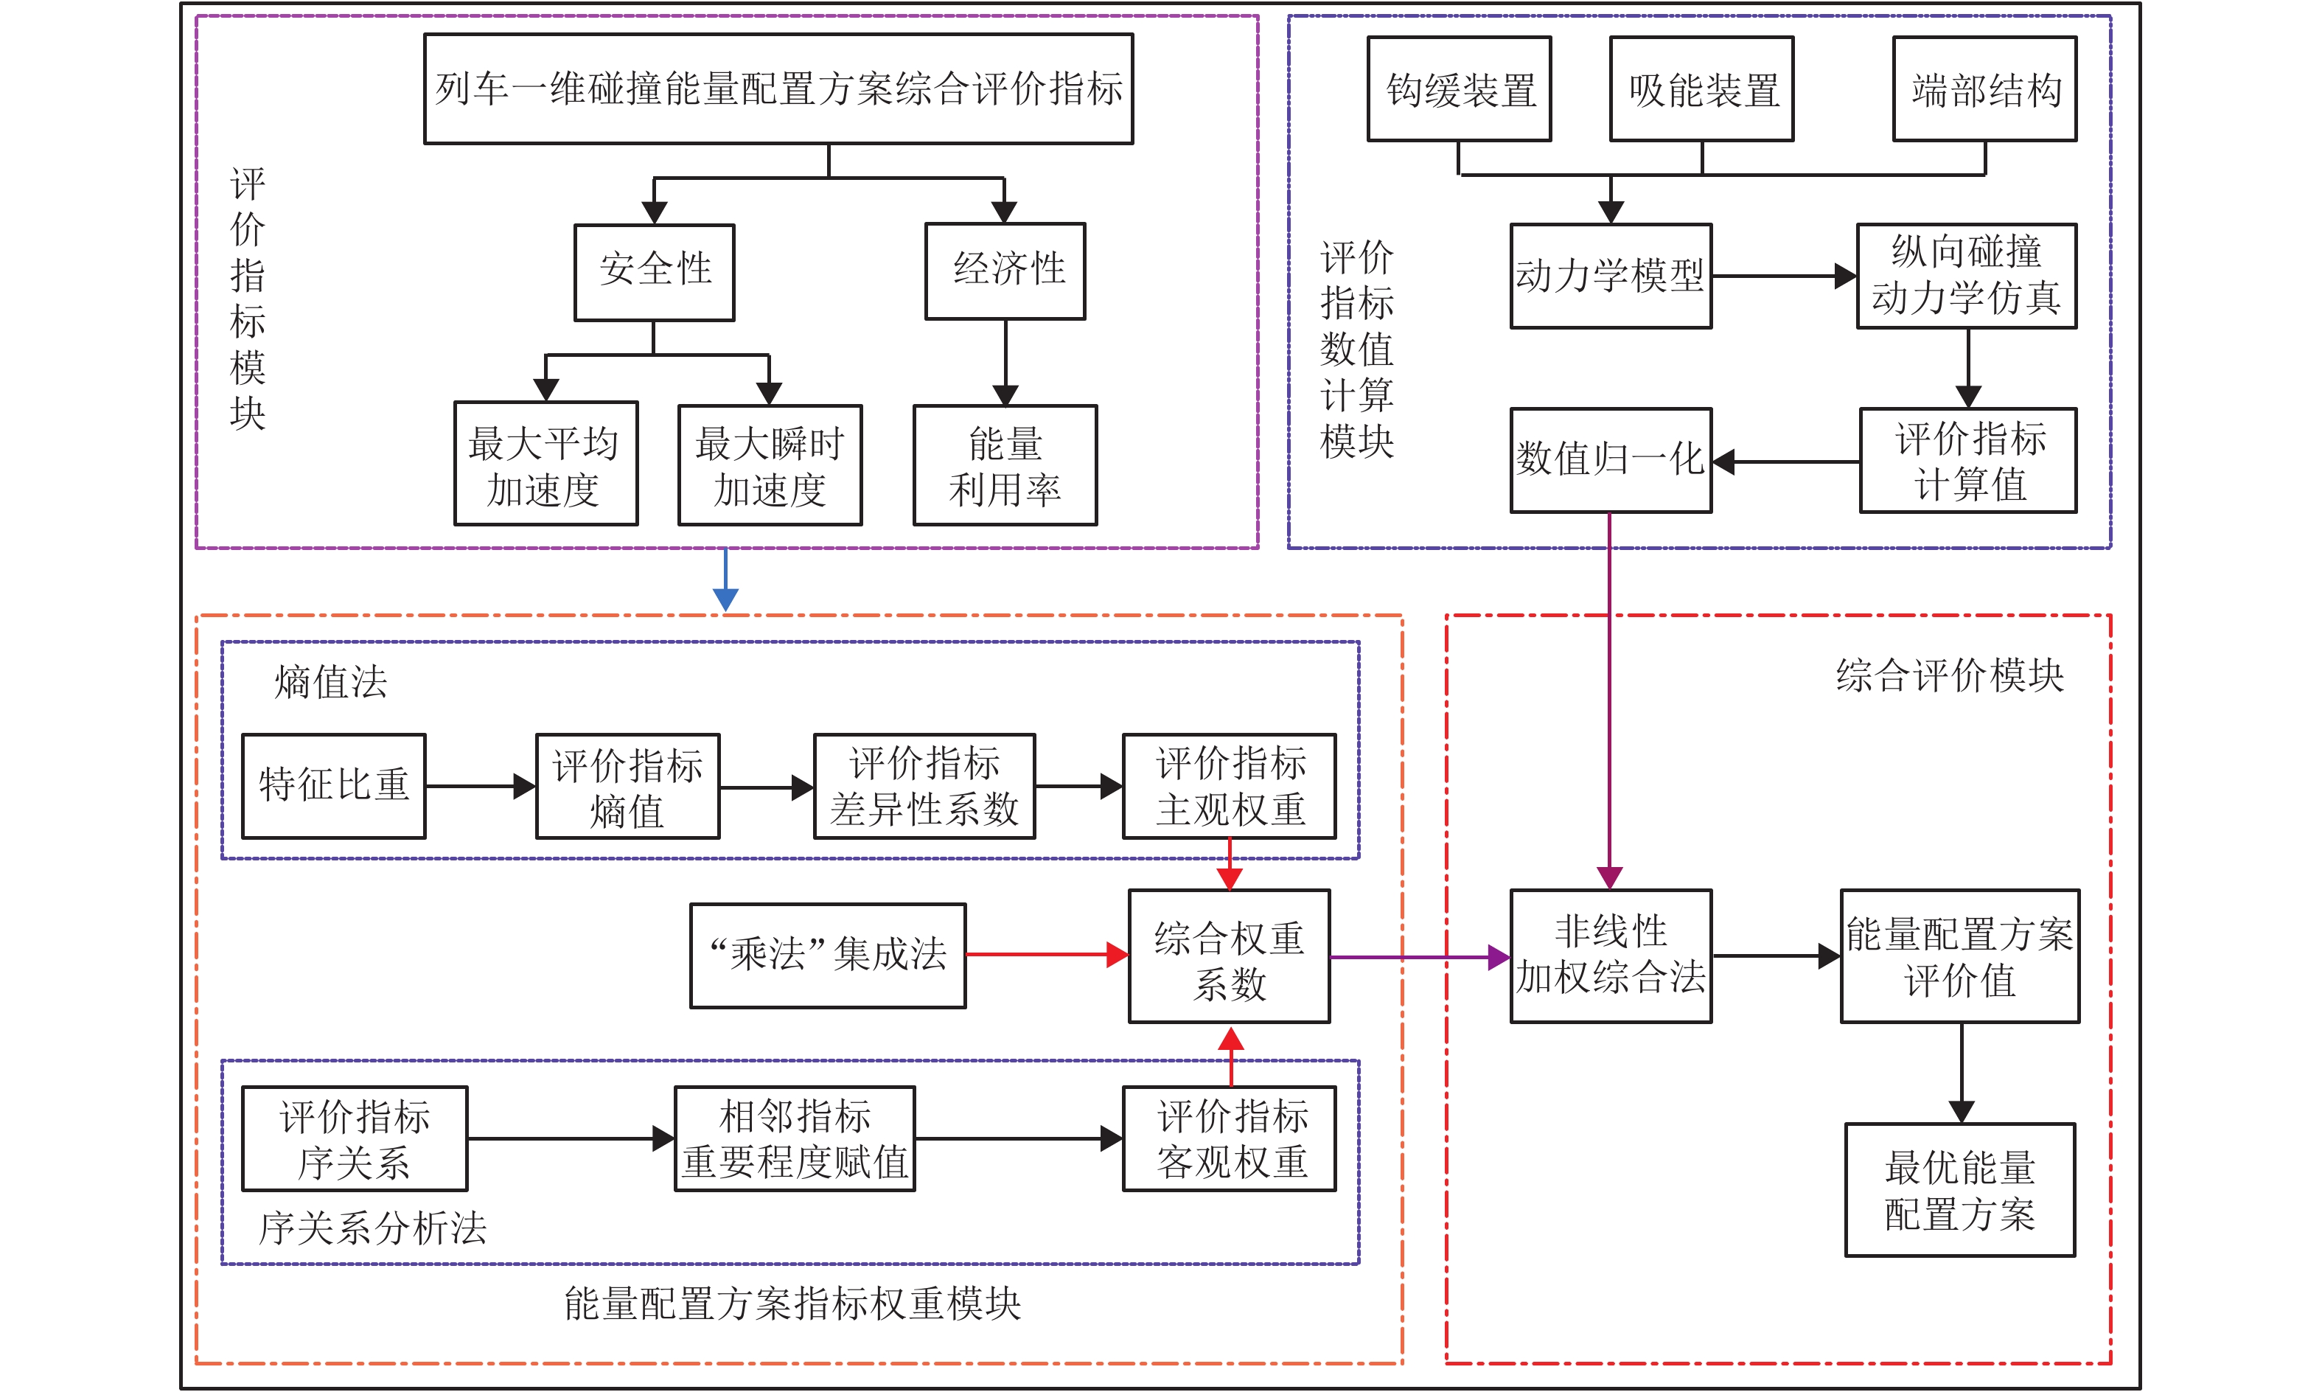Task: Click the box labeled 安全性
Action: click(x=655, y=272)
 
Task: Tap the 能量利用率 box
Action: click(x=1005, y=465)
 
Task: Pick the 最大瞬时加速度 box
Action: click(x=770, y=465)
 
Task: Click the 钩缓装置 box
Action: click(x=1460, y=89)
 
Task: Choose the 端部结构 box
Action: click(x=1984, y=89)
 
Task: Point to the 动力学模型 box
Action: click(x=1610, y=276)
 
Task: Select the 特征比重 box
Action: click(x=334, y=786)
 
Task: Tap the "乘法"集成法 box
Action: click(x=828, y=956)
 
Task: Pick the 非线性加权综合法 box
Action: click(x=1610, y=956)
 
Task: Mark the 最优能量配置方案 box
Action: click(x=1960, y=1189)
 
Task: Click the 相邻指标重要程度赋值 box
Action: click(x=795, y=1138)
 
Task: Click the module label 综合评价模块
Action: click(x=1950, y=675)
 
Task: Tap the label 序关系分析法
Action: click(x=372, y=1228)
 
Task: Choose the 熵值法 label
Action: click(x=330, y=682)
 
